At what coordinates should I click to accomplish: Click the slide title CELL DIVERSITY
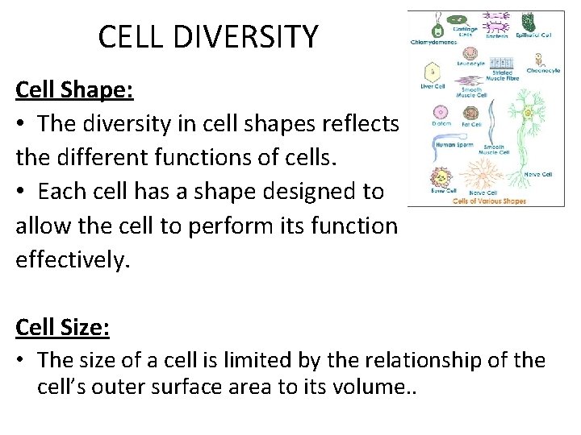click(208, 37)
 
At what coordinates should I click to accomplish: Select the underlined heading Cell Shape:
click(74, 89)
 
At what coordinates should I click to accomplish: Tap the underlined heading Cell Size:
click(63, 328)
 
